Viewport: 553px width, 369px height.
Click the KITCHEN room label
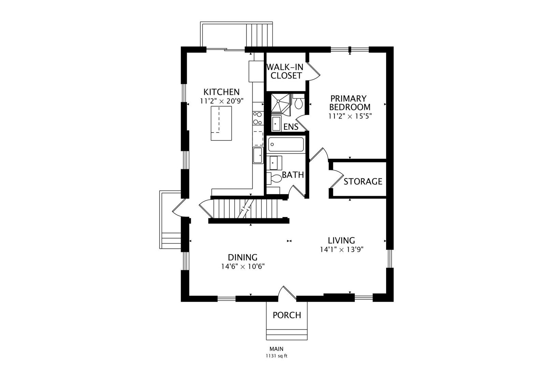222,92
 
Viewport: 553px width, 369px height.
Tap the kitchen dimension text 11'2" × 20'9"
222,101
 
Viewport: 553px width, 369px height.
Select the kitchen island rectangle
221,123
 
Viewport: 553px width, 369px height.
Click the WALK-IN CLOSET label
286,71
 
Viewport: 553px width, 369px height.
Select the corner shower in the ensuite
281,104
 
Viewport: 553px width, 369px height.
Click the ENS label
291,127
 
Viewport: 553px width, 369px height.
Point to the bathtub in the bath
286,144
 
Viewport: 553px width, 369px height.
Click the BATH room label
293,175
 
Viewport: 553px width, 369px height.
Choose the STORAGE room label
363,182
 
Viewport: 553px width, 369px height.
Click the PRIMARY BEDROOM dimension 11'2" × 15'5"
350,116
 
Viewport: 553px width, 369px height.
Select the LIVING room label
341,240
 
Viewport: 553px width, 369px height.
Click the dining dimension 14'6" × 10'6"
243,266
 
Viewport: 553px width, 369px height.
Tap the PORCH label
287,315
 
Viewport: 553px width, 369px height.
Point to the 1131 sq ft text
276,356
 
